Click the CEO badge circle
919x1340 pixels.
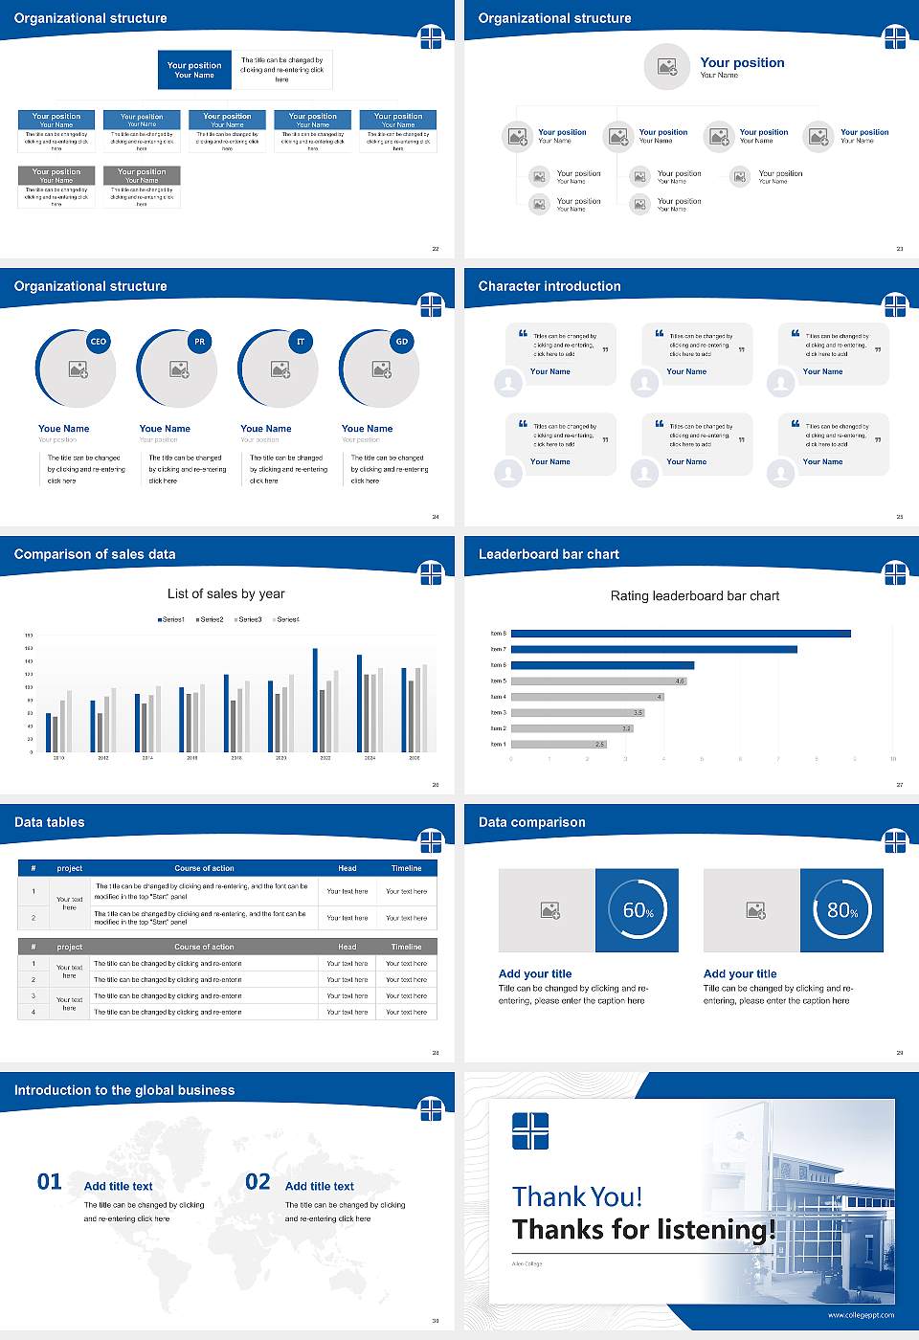pyautogui.click(x=98, y=342)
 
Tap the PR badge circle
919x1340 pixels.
pyautogui.click(x=199, y=342)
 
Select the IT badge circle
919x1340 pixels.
pyautogui.click(x=301, y=342)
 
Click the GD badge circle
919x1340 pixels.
pyautogui.click(x=402, y=342)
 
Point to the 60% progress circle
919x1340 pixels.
pyautogui.click(x=638, y=910)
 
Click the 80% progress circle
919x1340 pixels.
pyautogui.click(x=841, y=910)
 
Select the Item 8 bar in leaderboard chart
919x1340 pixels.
pyautogui.click(x=681, y=634)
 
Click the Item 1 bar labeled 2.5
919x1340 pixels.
pyautogui.click(x=558, y=744)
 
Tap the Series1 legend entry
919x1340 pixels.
pyautogui.click(x=171, y=619)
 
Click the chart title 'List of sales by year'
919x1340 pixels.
pyautogui.click(x=226, y=593)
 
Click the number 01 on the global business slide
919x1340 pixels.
pyautogui.click(x=50, y=1182)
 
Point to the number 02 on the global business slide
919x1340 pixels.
pyautogui.click(x=258, y=1182)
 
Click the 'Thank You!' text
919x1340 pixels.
pyautogui.click(x=577, y=1196)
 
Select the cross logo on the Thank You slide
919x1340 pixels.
pyautogui.click(x=530, y=1130)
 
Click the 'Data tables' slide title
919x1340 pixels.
pyautogui.click(x=50, y=822)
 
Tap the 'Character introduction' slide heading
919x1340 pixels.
pyautogui.click(x=549, y=286)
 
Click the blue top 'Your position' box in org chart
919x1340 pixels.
pyautogui.click(x=194, y=70)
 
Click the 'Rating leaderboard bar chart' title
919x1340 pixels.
pyautogui.click(x=695, y=595)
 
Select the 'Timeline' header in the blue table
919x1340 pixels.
pyautogui.click(x=406, y=868)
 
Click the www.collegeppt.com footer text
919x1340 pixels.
pyautogui.click(x=861, y=1315)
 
